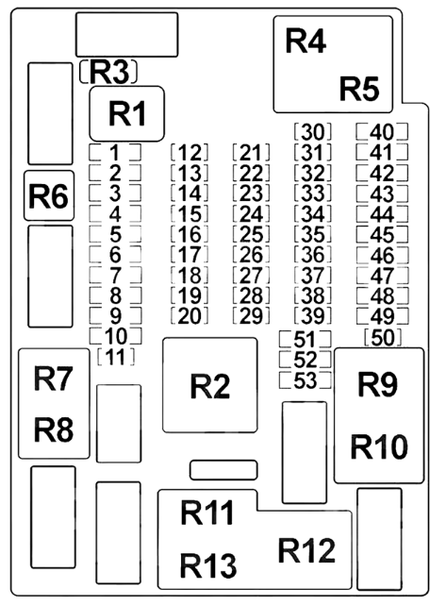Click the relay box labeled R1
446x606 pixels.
click(x=127, y=113)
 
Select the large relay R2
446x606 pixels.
click(x=210, y=385)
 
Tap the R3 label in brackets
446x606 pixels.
click(x=108, y=72)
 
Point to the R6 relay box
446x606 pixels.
click(x=49, y=195)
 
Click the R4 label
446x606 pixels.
click(x=306, y=41)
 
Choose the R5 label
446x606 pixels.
click(x=359, y=89)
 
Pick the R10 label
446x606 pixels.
click(x=379, y=446)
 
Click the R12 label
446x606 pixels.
click(x=306, y=550)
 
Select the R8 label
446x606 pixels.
click(x=54, y=430)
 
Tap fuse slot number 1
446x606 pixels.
click(x=115, y=153)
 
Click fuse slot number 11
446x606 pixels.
click(x=116, y=357)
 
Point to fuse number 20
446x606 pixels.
click(x=190, y=316)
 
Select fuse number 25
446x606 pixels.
click(x=251, y=234)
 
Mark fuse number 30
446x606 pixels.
click(x=312, y=132)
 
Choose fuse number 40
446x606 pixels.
click(x=382, y=132)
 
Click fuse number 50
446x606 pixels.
click(x=383, y=338)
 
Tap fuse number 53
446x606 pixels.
click(x=306, y=380)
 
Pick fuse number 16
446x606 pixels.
click(x=190, y=234)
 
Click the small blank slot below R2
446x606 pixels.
click(x=223, y=470)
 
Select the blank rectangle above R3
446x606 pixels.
click(x=127, y=35)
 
